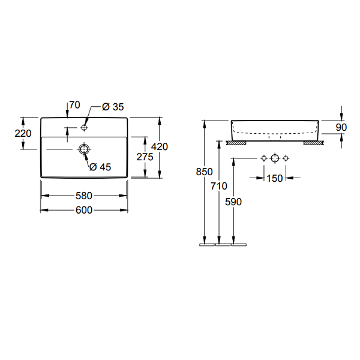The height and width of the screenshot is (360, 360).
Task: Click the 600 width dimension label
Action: (84, 210)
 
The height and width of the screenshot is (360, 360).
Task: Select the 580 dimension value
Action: (84, 196)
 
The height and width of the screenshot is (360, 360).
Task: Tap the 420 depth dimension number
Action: (160, 147)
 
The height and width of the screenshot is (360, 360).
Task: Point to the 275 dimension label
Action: (145, 157)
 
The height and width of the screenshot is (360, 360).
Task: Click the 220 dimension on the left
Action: (23, 133)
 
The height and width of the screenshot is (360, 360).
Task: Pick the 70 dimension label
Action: (74, 105)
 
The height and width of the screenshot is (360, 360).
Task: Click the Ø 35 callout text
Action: (113, 107)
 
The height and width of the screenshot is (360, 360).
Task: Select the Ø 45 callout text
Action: (100, 167)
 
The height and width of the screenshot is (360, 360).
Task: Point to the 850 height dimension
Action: (205, 172)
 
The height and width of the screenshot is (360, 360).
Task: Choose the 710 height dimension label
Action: (219, 186)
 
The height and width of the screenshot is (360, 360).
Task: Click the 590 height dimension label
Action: (233, 202)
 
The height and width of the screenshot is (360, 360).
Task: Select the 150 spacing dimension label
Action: (275, 178)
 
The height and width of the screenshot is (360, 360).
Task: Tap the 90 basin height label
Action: (341, 127)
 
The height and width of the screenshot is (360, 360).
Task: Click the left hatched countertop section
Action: (236, 143)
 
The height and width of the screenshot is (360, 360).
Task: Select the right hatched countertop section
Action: (314, 143)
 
